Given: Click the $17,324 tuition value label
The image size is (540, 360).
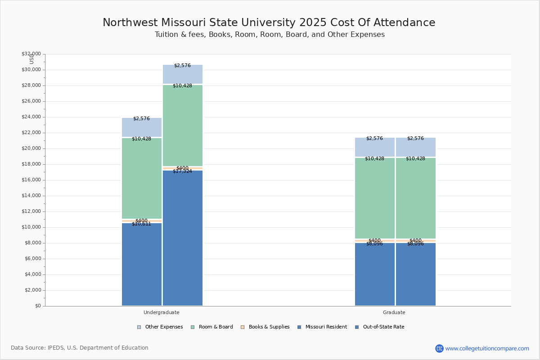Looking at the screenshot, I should (182, 171).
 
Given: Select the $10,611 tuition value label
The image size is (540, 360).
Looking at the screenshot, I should (141, 224).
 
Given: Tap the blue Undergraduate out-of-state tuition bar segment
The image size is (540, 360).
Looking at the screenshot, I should (183, 238).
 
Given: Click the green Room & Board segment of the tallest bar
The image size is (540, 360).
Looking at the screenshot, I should (183, 126).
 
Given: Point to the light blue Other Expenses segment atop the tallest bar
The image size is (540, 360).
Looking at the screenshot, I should (183, 74).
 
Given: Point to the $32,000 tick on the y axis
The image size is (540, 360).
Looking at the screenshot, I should (31, 54).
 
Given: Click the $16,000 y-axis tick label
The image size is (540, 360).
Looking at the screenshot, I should (31, 180).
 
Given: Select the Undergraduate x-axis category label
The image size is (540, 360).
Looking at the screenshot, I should (162, 312).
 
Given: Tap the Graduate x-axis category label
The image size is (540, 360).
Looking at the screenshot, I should (394, 312).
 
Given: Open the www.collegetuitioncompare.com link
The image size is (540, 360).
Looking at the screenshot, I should (487, 348).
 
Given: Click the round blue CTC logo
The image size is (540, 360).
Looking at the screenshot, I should (439, 348).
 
